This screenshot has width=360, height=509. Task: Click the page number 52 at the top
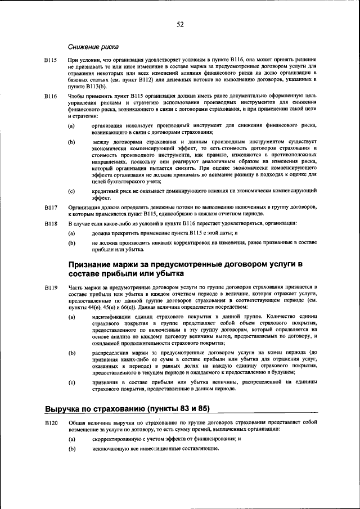click(x=180, y=24)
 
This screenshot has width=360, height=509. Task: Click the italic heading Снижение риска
click(x=93, y=46)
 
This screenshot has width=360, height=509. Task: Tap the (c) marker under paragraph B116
click(x=71, y=192)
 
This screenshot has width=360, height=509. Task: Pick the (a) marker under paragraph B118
click(x=71, y=233)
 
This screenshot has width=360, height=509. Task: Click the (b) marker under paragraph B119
click(x=71, y=353)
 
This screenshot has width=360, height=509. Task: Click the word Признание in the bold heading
click(x=96, y=264)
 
